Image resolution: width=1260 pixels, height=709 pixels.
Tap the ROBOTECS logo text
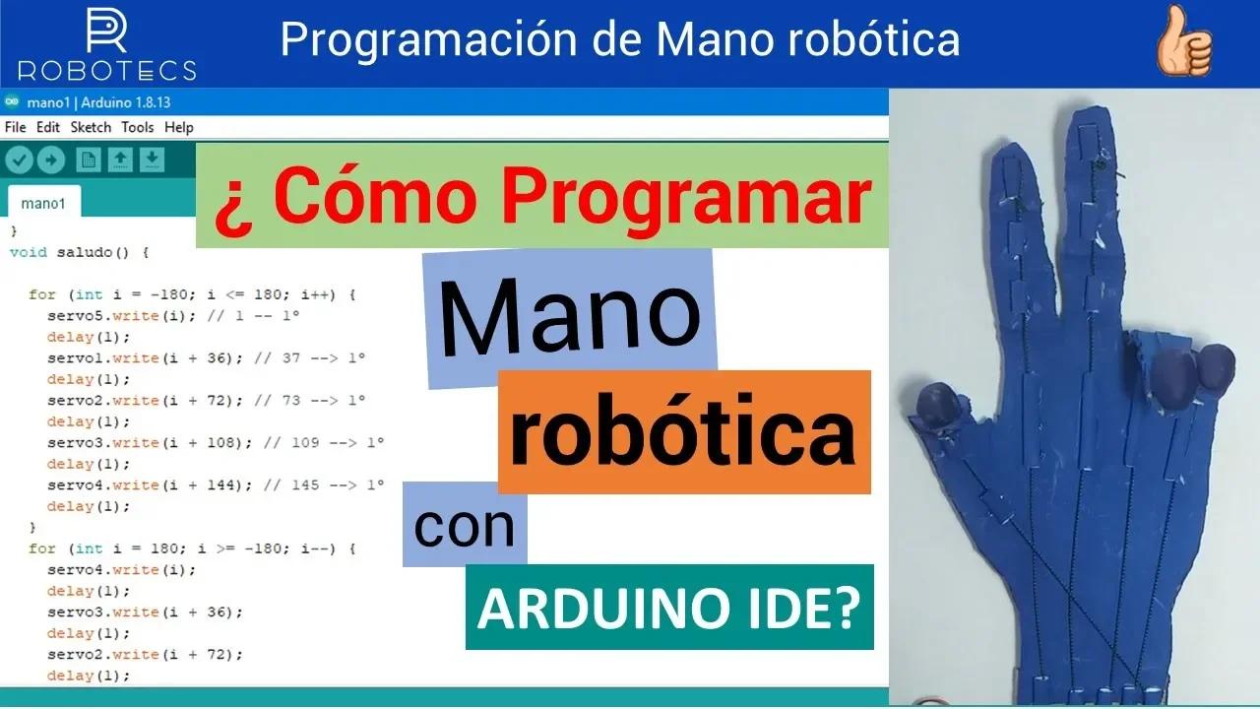pyautogui.click(x=106, y=70)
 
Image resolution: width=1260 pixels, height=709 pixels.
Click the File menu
pyautogui.click(x=15, y=127)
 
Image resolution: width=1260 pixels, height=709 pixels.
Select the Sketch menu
pyautogui.click(x=91, y=127)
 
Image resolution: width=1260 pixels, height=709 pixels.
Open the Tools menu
pyautogui.click(x=138, y=127)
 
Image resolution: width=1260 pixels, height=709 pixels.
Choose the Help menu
pyautogui.click(x=179, y=127)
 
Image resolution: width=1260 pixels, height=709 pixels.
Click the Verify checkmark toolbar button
pyautogui.click(x=20, y=160)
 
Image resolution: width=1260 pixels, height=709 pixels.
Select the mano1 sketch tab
pyautogui.click(x=42, y=204)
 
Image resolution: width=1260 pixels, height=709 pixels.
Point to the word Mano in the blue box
pyautogui.click(x=570, y=318)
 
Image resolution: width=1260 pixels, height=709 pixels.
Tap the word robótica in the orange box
pyautogui.click(x=683, y=434)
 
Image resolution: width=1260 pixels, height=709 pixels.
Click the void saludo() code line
pyautogui.click(x=79, y=252)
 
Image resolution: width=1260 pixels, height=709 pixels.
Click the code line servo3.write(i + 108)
pyautogui.click(x=144, y=442)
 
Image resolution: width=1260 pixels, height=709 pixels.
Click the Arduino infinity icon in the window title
pyautogui.click(x=12, y=101)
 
